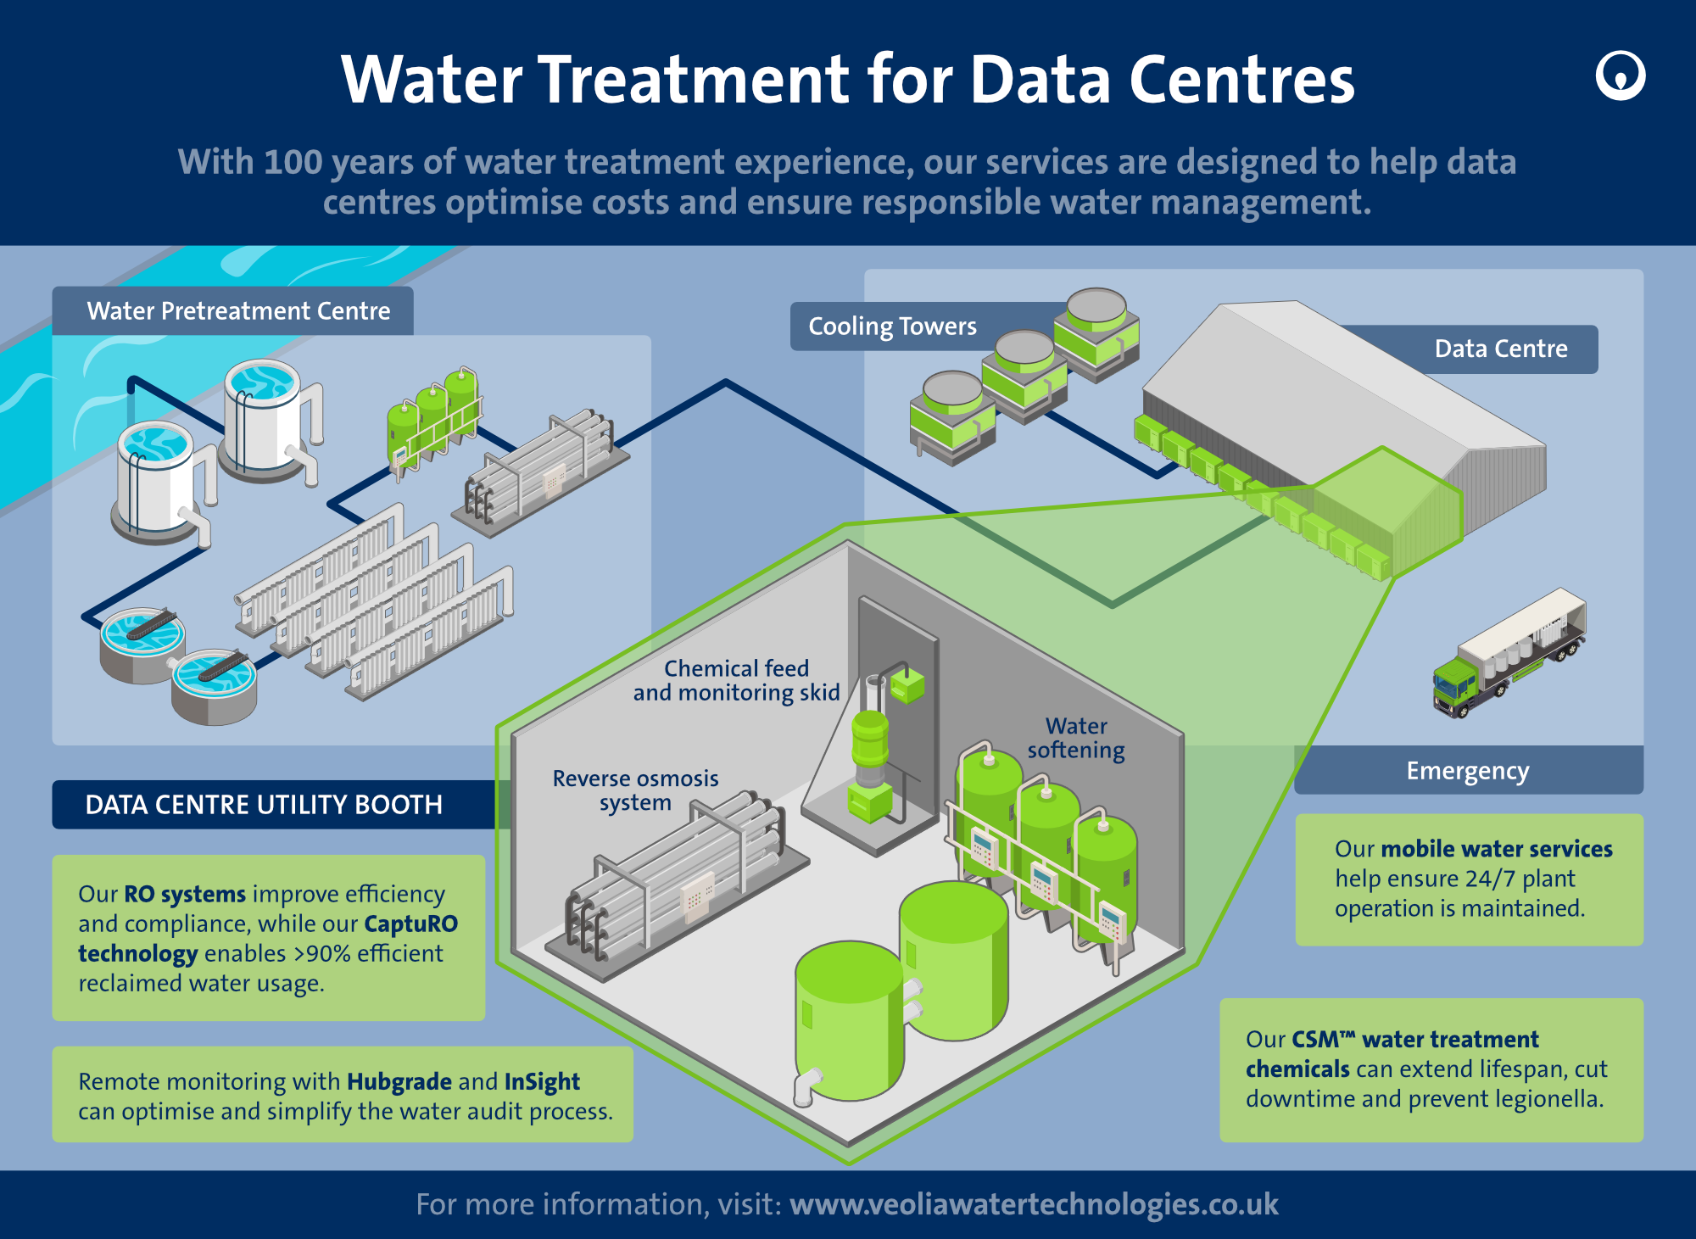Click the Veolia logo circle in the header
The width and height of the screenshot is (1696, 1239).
click(1620, 76)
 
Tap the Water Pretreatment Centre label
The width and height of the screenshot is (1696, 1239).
click(238, 311)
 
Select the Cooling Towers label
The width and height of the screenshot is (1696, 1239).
click(892, 326)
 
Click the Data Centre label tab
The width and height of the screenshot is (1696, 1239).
click(1500, 349)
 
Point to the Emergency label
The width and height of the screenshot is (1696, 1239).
click(1467, 771)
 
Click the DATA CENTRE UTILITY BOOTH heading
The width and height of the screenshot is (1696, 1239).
click(264, 805)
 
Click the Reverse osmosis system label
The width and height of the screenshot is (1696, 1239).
click(635, 790)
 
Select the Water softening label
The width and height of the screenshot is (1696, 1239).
click(1075, 738)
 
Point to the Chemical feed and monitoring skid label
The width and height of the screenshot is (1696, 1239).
click(736, 680)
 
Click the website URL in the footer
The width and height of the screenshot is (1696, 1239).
click(1033, 1204)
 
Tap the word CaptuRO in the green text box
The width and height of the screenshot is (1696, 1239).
click(410, 924)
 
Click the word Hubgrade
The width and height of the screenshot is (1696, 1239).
click(399, 1081)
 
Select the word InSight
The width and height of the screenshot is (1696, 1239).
click(542, 1081)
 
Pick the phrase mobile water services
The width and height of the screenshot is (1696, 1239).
click(1496, 849)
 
